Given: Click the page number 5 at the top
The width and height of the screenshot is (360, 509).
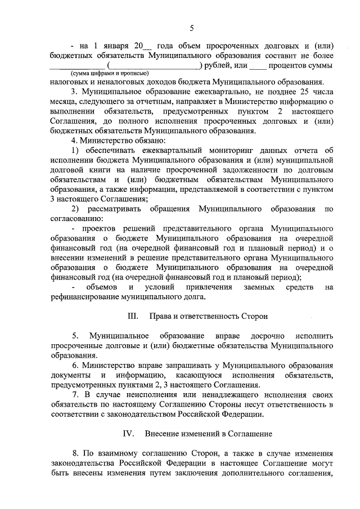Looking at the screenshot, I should pyautogui.click(x=191, y=29).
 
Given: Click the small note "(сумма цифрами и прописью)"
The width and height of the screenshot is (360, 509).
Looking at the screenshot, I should pyautogui.click(x=109, y=74).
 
